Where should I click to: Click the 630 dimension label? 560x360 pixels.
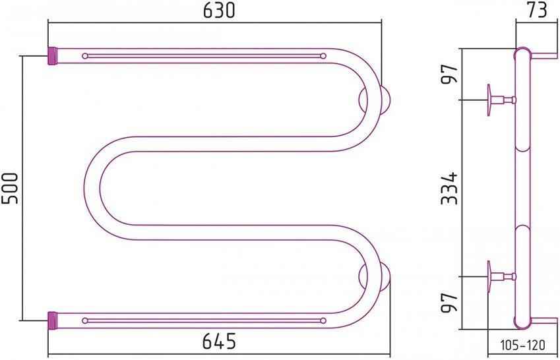pyautogui.click(x=216, y=11)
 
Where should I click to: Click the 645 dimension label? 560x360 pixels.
pyautogui.click(x=216, y=342)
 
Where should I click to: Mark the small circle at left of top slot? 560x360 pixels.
pyautogui.click(x=84, y=56)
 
